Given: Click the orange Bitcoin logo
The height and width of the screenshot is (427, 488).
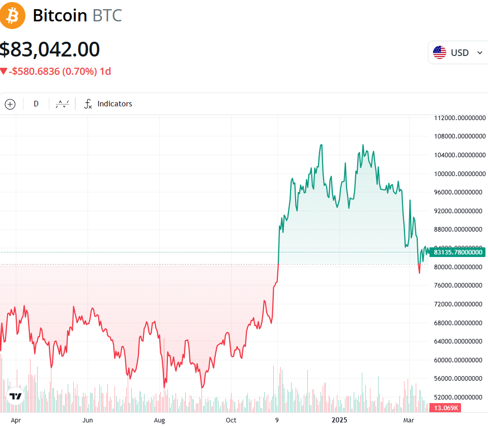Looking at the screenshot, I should point(13,15).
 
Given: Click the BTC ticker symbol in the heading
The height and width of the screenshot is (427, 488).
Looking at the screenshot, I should point(107,16).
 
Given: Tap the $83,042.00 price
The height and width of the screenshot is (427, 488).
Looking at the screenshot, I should point(50,49).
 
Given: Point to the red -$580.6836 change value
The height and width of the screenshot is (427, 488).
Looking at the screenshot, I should point(35,71).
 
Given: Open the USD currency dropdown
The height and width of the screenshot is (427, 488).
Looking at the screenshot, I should point(458,52).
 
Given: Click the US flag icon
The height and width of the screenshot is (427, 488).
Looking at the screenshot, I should point(440,52).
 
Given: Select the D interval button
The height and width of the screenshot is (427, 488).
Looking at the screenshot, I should point(36,104).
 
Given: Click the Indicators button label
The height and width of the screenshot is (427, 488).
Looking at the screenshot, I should point(114,104).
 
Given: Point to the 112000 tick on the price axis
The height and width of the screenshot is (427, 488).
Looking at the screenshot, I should point(458,118).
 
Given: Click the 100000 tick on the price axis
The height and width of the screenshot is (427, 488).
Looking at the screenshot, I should point(458,174).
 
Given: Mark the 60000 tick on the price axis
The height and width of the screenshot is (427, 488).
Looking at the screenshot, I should point(458,360).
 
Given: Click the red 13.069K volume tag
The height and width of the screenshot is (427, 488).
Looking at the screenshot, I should point(445,408).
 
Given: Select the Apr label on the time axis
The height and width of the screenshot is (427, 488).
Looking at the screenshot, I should point(16,420).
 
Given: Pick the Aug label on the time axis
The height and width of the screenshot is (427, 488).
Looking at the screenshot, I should point(160,420).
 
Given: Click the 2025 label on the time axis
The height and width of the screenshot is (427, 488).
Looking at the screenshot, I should point(339,420).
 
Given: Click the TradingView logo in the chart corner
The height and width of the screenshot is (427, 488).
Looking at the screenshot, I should point(16,397).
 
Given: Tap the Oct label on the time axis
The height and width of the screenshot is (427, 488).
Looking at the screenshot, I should point(231,420).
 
